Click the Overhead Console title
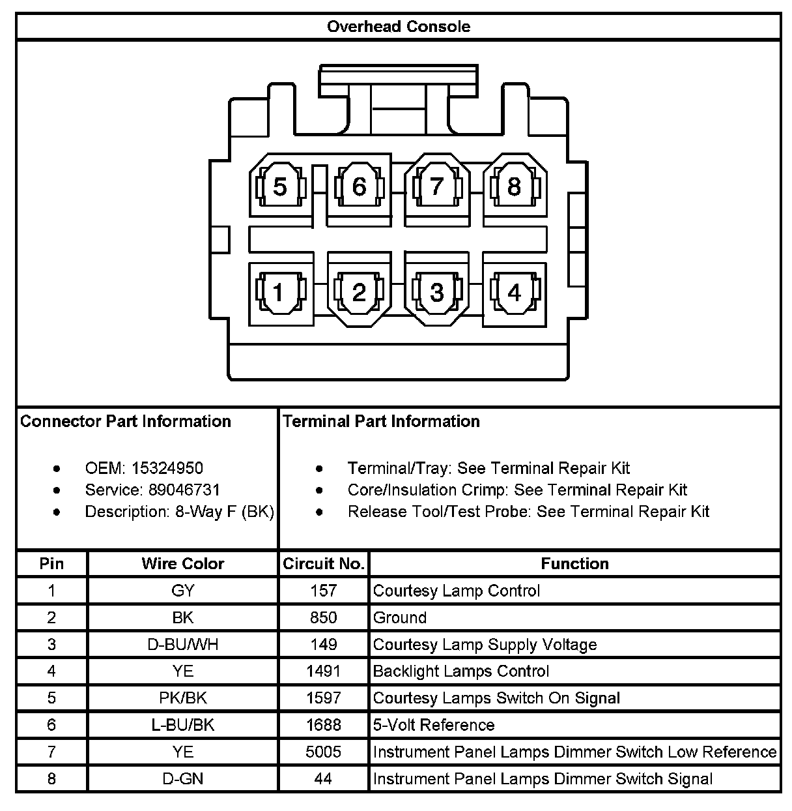click(x=398, y=27)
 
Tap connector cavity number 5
click(x=279, y=187)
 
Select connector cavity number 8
click(x=514, y=187)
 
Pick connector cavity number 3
click(x=436, y=293)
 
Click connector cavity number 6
click(x=359, y=187)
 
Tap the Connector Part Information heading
click(x=126, y=421)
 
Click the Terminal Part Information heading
click(x=381, y=421)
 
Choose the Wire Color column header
click(x=182, y=564)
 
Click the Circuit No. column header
click(x=324, y=564)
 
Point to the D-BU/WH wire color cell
click(x=182, y=645)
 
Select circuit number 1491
click(x=324, y=671)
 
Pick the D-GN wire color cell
click(x=182, y=778)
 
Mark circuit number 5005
click(x=324, y=752)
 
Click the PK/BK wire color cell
click(x=182, y=698)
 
